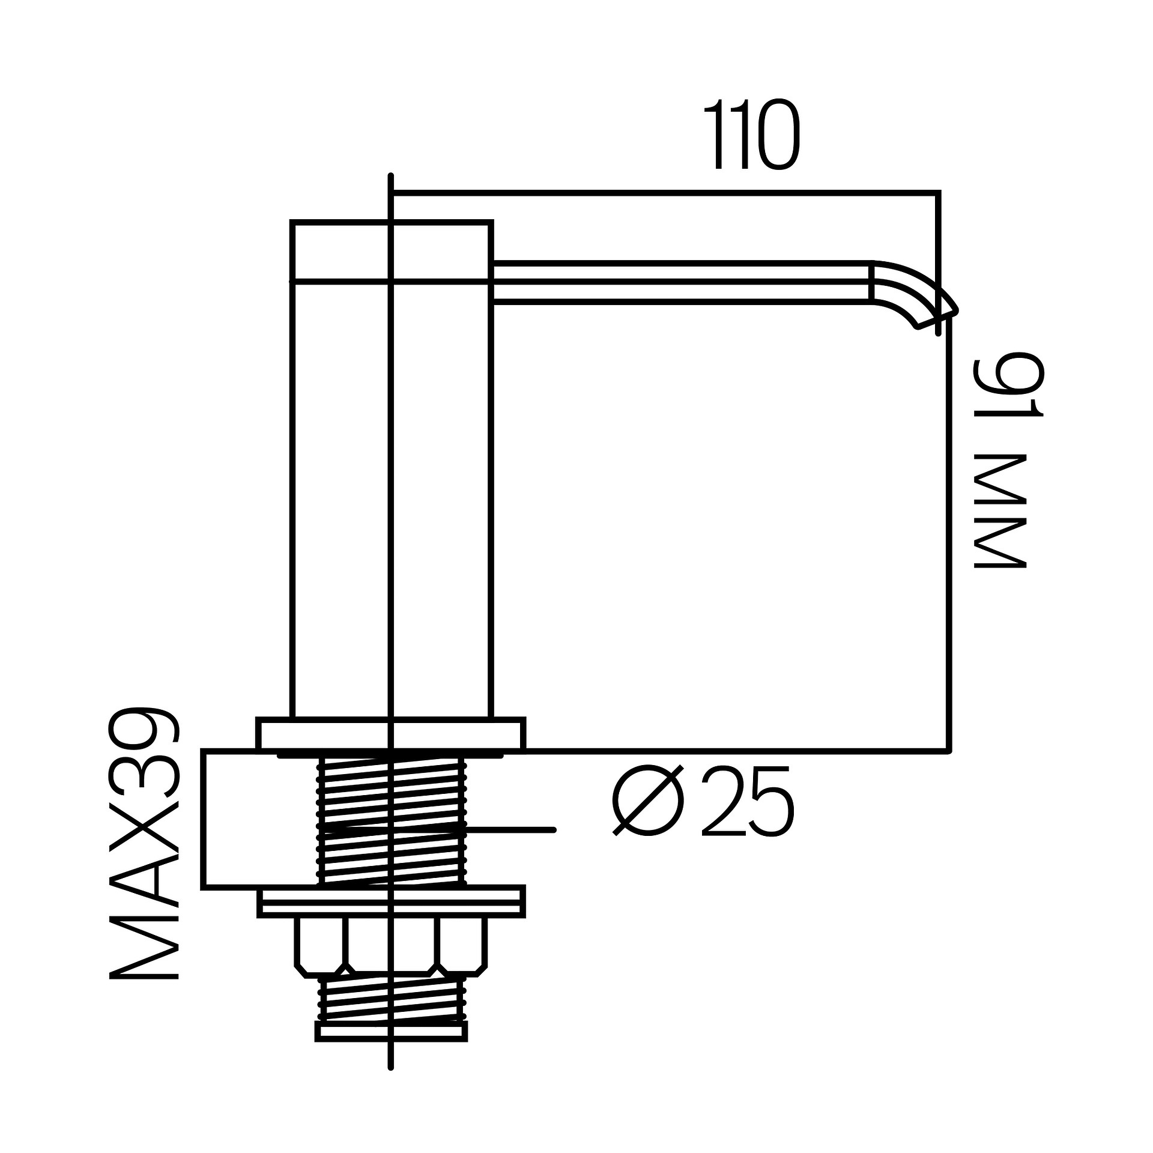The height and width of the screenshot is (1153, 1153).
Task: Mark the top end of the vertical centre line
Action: [x=391, y=175]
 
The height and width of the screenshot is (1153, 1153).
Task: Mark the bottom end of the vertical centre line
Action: [x=391, y=1085]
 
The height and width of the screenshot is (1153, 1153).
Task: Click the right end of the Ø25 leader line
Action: [x=554, y=829]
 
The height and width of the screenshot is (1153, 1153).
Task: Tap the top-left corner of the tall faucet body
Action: [x=292, y=223]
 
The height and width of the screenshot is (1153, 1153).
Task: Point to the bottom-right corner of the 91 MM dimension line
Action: [x=949, y=751]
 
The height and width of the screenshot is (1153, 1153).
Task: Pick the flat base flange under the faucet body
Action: [x=391, y=734]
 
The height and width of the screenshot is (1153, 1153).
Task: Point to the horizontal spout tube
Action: [x=682, y=282]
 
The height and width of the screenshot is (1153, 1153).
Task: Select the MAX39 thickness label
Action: [x=144, y=843]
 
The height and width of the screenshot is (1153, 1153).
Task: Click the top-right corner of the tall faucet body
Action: [x=491, y=223]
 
